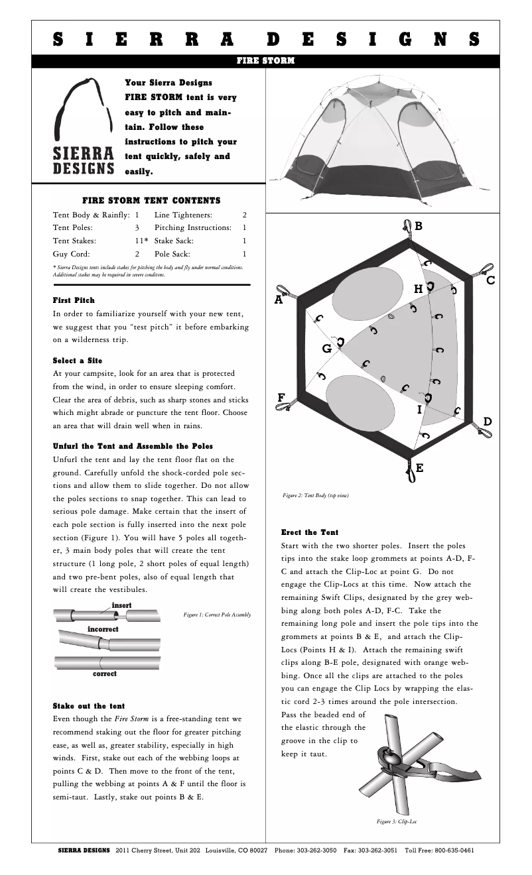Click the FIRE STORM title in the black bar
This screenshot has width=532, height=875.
pos(265,61)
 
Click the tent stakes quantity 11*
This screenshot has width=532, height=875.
pos(141,241)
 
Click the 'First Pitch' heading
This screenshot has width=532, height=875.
pos(74,300)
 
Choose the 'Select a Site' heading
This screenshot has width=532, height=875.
pos(77,360)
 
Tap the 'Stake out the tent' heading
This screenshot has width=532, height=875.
pos(88,706)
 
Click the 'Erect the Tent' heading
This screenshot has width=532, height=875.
pos(310,532)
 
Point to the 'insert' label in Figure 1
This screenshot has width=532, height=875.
pos(121,605)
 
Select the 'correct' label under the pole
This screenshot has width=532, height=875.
pos(104,673)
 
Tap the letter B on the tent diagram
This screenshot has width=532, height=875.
pos(418,226)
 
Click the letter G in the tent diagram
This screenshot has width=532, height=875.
pos(326,348)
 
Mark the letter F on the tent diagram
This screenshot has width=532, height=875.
pos(281,397)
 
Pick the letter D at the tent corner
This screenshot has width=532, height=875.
pos(488,422)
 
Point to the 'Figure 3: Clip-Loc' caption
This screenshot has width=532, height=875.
pos(397,822)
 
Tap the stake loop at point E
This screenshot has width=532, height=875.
pos(410,471)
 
